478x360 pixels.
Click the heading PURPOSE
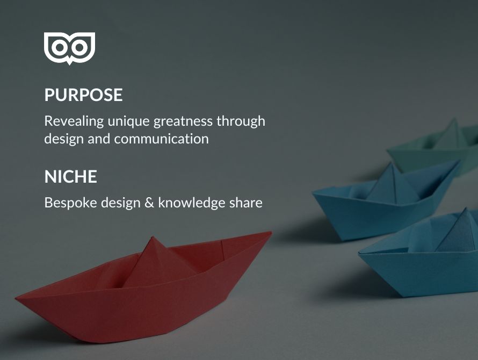tap(84, 95)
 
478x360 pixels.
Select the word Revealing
tap(74, 121)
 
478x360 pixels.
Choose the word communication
tap(162, 139)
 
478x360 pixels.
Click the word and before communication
tap(99, 139)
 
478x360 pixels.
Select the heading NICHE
tap(71, 177)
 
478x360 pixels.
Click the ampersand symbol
tap(149, 203)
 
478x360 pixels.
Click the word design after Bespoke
tap(121, 203)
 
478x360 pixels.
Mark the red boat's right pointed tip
tap(271, 233)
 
